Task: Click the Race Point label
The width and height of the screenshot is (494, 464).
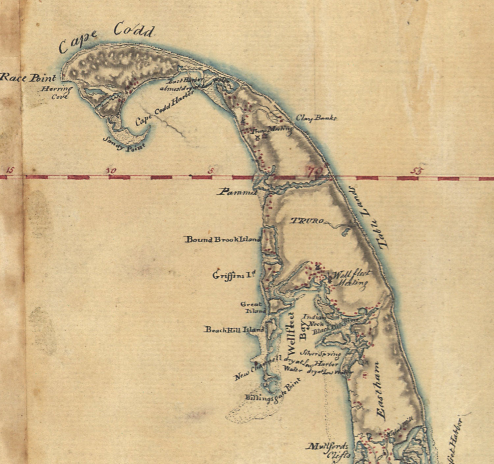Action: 28,78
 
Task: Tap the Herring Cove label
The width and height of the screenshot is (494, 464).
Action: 57,93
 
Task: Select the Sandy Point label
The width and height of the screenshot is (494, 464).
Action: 124,144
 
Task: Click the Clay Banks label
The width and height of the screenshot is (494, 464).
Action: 316,118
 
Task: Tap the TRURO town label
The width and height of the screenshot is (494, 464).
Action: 307,221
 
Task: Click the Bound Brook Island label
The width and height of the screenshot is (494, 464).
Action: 223,239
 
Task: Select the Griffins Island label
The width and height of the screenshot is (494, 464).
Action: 234,275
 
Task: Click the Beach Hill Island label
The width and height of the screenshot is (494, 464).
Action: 234,329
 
